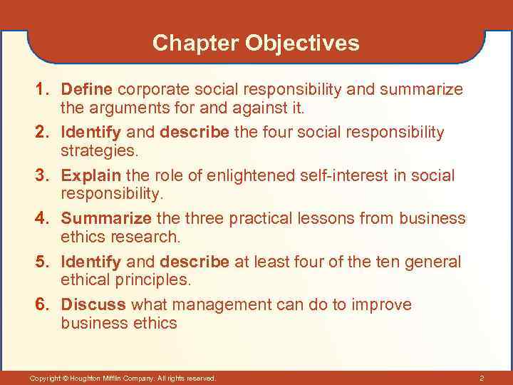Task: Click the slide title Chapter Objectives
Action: [x=256, y=43]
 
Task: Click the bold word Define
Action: [x=87, y=90]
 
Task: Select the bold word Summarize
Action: [x=106, y=219]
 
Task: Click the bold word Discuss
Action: [x=93, y=305]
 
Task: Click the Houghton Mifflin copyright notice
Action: [x=123, y=377]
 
